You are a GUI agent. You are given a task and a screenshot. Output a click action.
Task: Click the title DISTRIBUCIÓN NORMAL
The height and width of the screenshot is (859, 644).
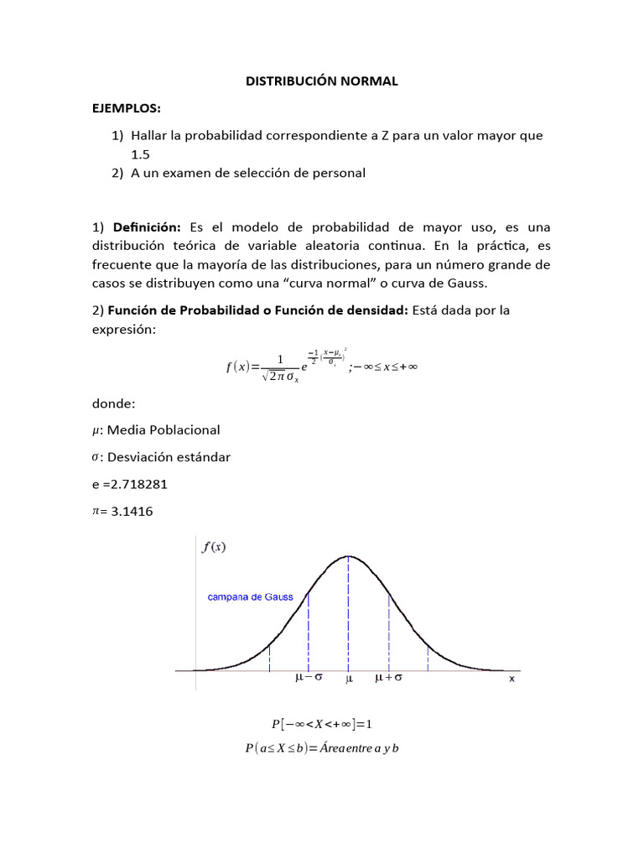coord(321,81)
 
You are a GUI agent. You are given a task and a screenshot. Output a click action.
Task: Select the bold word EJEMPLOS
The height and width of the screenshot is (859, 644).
coord(126,108)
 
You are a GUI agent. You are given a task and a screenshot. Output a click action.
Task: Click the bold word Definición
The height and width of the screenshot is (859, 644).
coord(148,227)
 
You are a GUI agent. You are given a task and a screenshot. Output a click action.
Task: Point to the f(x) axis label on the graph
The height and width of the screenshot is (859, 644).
coord(215,548)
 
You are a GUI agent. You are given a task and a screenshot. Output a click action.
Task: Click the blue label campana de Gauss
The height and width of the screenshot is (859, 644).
coord(251,598)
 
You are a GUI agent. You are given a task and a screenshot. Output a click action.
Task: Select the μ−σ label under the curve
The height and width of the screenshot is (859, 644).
coord(309,678)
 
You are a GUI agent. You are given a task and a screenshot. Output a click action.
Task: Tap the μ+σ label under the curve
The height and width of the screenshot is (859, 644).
coord(388,678)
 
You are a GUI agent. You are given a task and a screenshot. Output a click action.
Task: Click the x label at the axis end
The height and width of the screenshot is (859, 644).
coord(512,679)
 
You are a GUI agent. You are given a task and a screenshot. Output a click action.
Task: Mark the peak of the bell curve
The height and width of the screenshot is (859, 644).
coord(348,556)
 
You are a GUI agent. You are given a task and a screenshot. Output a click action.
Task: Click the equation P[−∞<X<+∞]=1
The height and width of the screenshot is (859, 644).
coord(321,723)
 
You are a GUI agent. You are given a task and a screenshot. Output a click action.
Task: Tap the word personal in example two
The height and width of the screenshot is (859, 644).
coord(338,174)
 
